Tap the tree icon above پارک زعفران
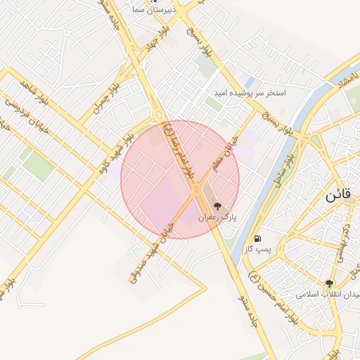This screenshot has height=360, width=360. (x=217, y=207)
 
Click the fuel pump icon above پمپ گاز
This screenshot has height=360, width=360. (x=260, y=238)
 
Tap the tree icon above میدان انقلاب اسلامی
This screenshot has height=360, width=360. (x=329, y=283)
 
